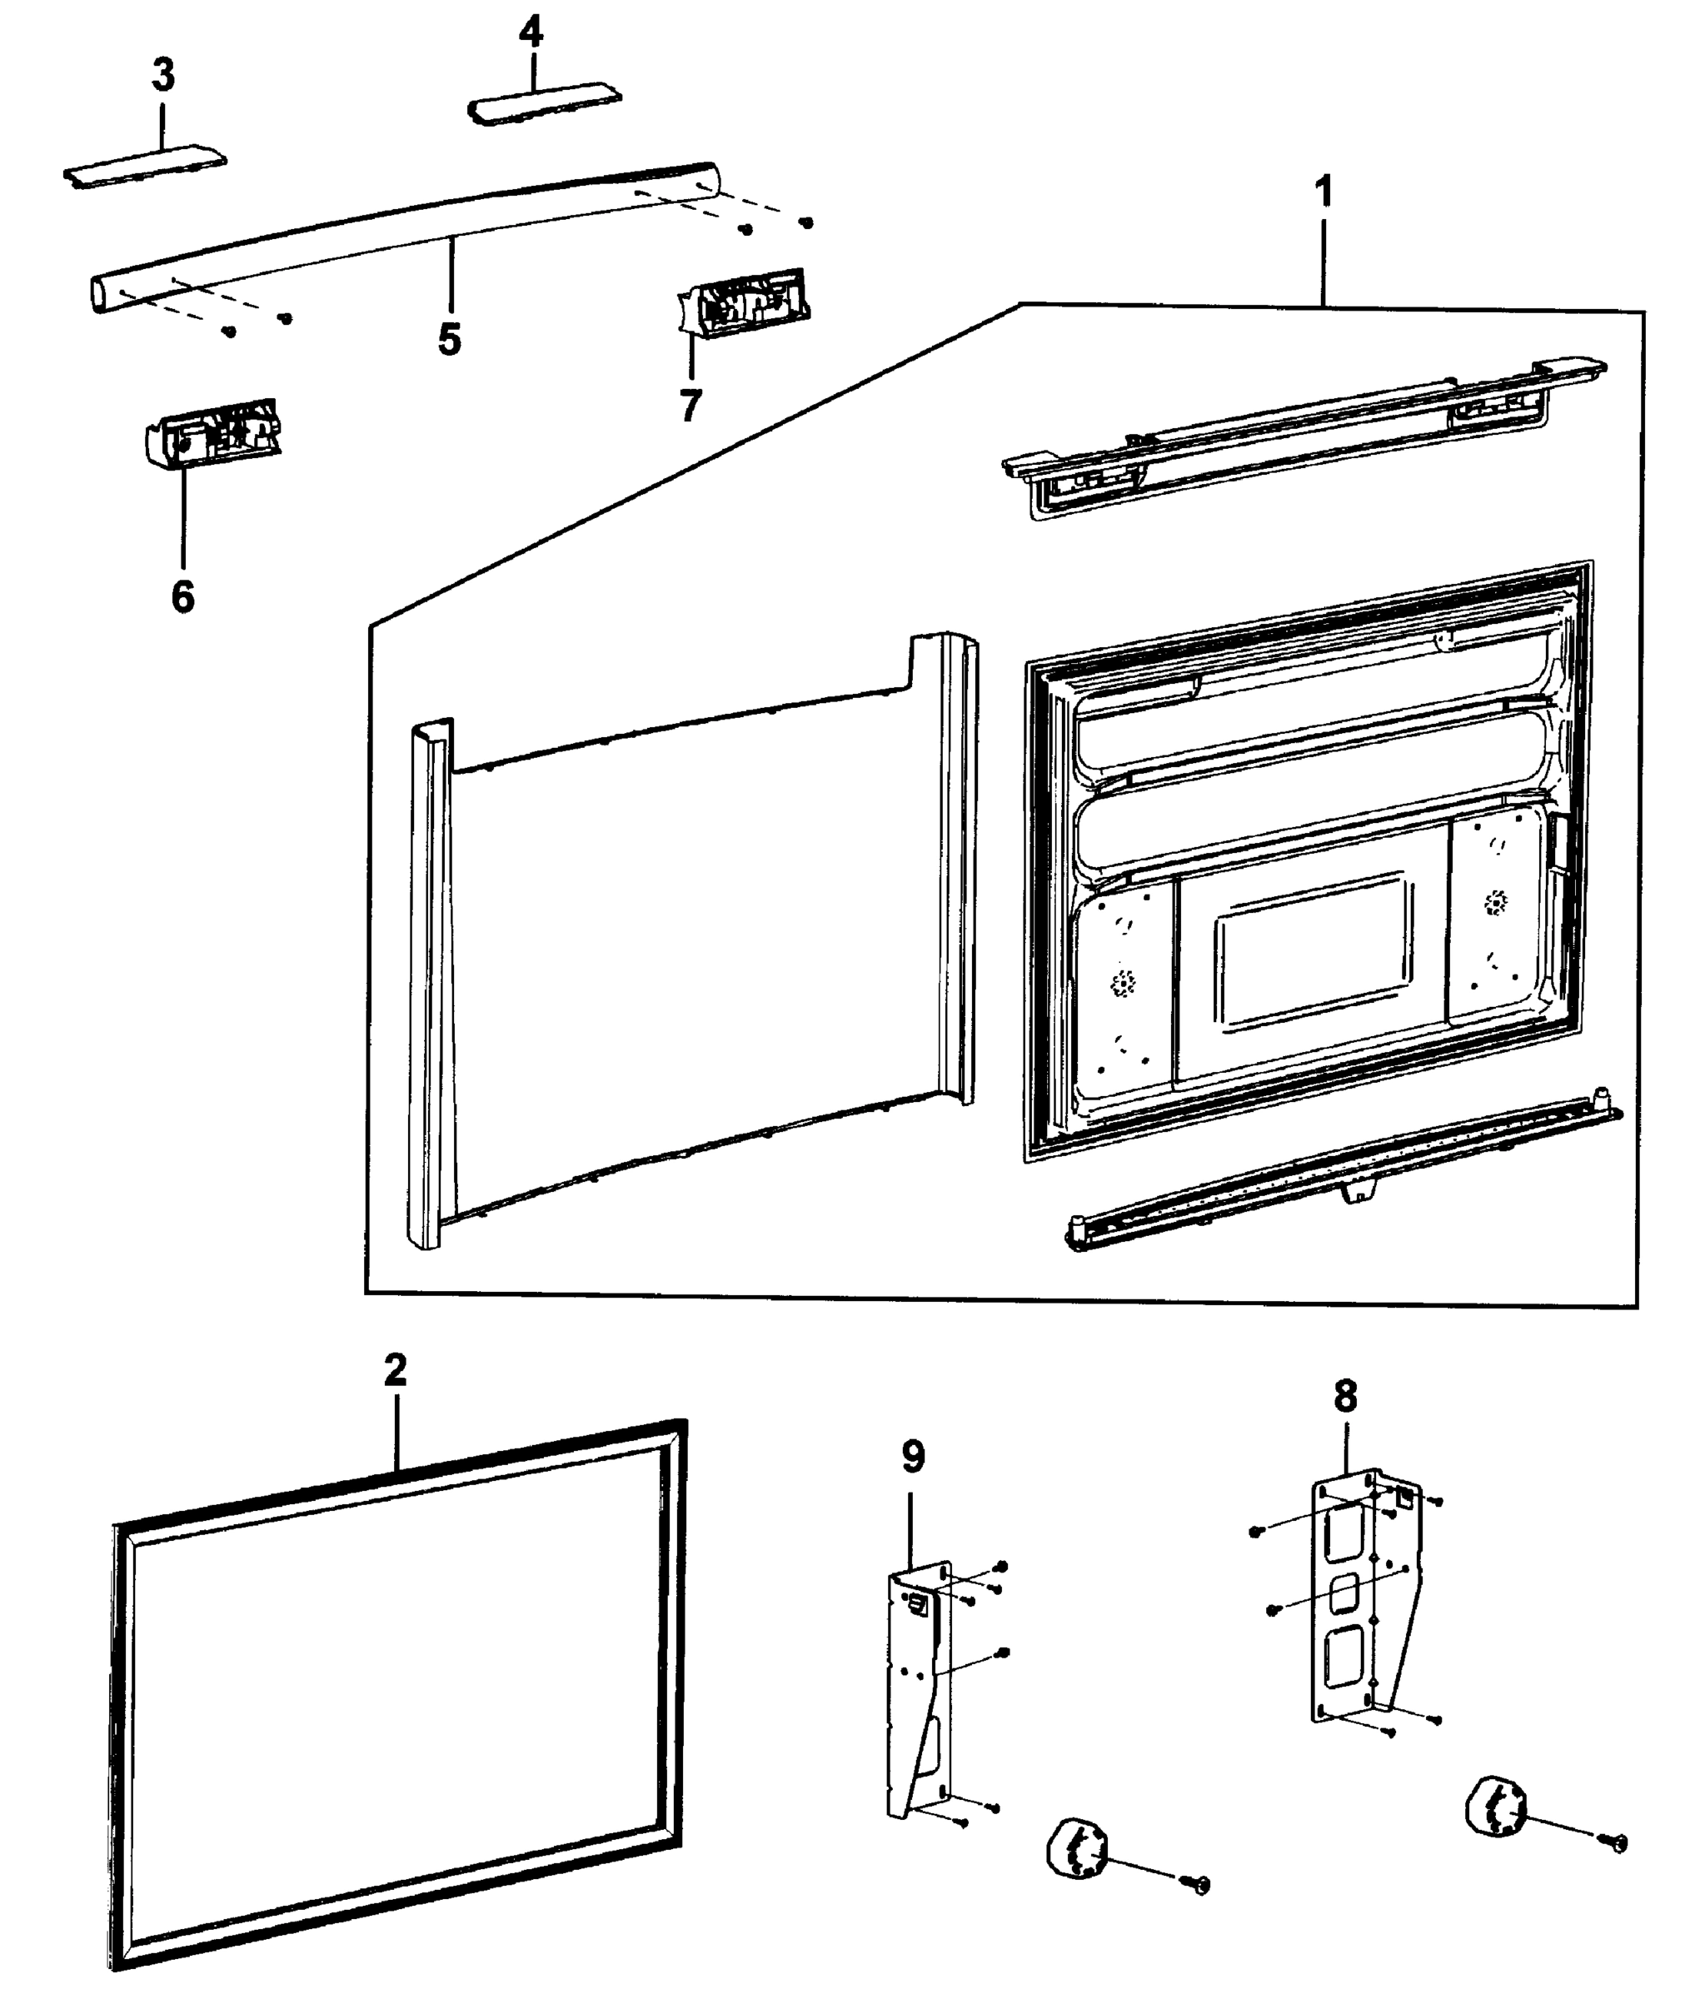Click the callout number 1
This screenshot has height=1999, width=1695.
point(1324,192)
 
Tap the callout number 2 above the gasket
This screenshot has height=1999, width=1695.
point(395,1370)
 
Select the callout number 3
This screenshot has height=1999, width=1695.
point(163,75)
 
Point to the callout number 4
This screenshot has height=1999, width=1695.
point(531,32)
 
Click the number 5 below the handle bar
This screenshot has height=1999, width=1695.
point(450,339)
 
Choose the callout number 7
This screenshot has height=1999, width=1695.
point(690,405)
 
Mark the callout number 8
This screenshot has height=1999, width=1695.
point(1345,1398)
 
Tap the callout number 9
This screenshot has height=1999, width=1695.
point(913,1458)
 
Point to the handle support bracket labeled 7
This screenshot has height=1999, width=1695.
point(742,301)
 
